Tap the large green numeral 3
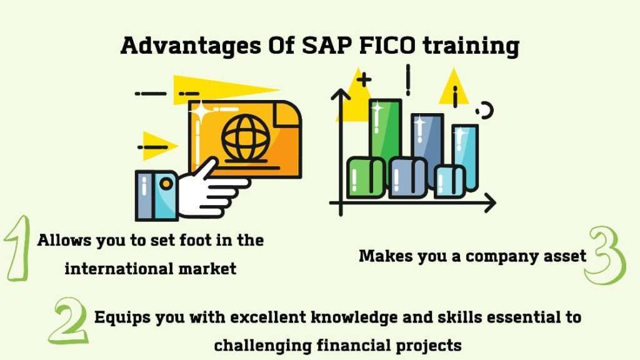pyautogui.click(x=604, y=256)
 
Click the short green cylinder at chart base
pyautogui.click(x=366, y=177)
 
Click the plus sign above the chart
pyautogui.click(x=362, y=79)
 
